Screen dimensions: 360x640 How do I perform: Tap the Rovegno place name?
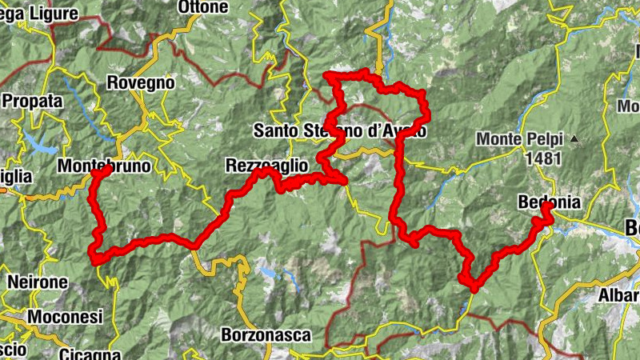[140, 82]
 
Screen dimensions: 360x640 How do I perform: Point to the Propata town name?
[32, 102]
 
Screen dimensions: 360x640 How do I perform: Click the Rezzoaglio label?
[266, 165]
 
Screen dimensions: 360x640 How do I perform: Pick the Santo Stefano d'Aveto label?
[340, 130]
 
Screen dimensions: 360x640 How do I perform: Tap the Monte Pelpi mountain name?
[521, 138]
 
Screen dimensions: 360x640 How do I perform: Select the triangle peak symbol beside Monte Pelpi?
[574, 139]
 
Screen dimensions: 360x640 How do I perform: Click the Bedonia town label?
[548, 202]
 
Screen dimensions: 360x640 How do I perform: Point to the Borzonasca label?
[265, 335]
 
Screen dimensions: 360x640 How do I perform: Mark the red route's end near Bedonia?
[547, 207]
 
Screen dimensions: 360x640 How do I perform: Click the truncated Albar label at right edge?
[619, 296]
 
